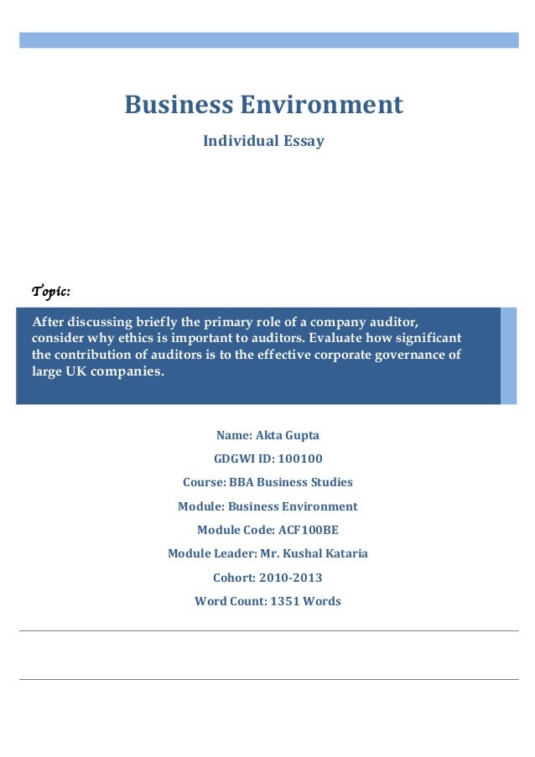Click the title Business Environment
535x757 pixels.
point(263,105)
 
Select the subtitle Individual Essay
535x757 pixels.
point(263,142)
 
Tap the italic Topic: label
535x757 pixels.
point(50,292)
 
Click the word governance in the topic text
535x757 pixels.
point(406,354)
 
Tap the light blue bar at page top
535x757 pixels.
point(268,39)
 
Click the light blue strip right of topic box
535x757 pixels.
point(508,355)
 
